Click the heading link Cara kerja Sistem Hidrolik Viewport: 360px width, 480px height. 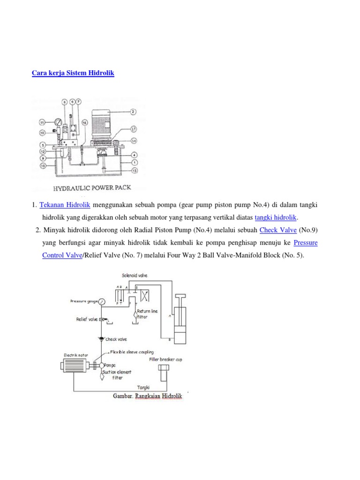pos(73,74)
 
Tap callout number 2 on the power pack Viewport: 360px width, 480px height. pos(133,112)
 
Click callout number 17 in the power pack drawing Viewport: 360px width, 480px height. pos(134,128)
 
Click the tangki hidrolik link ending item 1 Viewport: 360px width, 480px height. pos(276,217)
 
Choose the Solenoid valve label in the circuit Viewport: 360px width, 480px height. pos(134,276)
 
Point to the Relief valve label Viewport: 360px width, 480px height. pos(87,319)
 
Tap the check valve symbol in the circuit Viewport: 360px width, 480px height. pos(101,338)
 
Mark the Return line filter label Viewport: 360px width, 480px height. pos(149,314)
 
